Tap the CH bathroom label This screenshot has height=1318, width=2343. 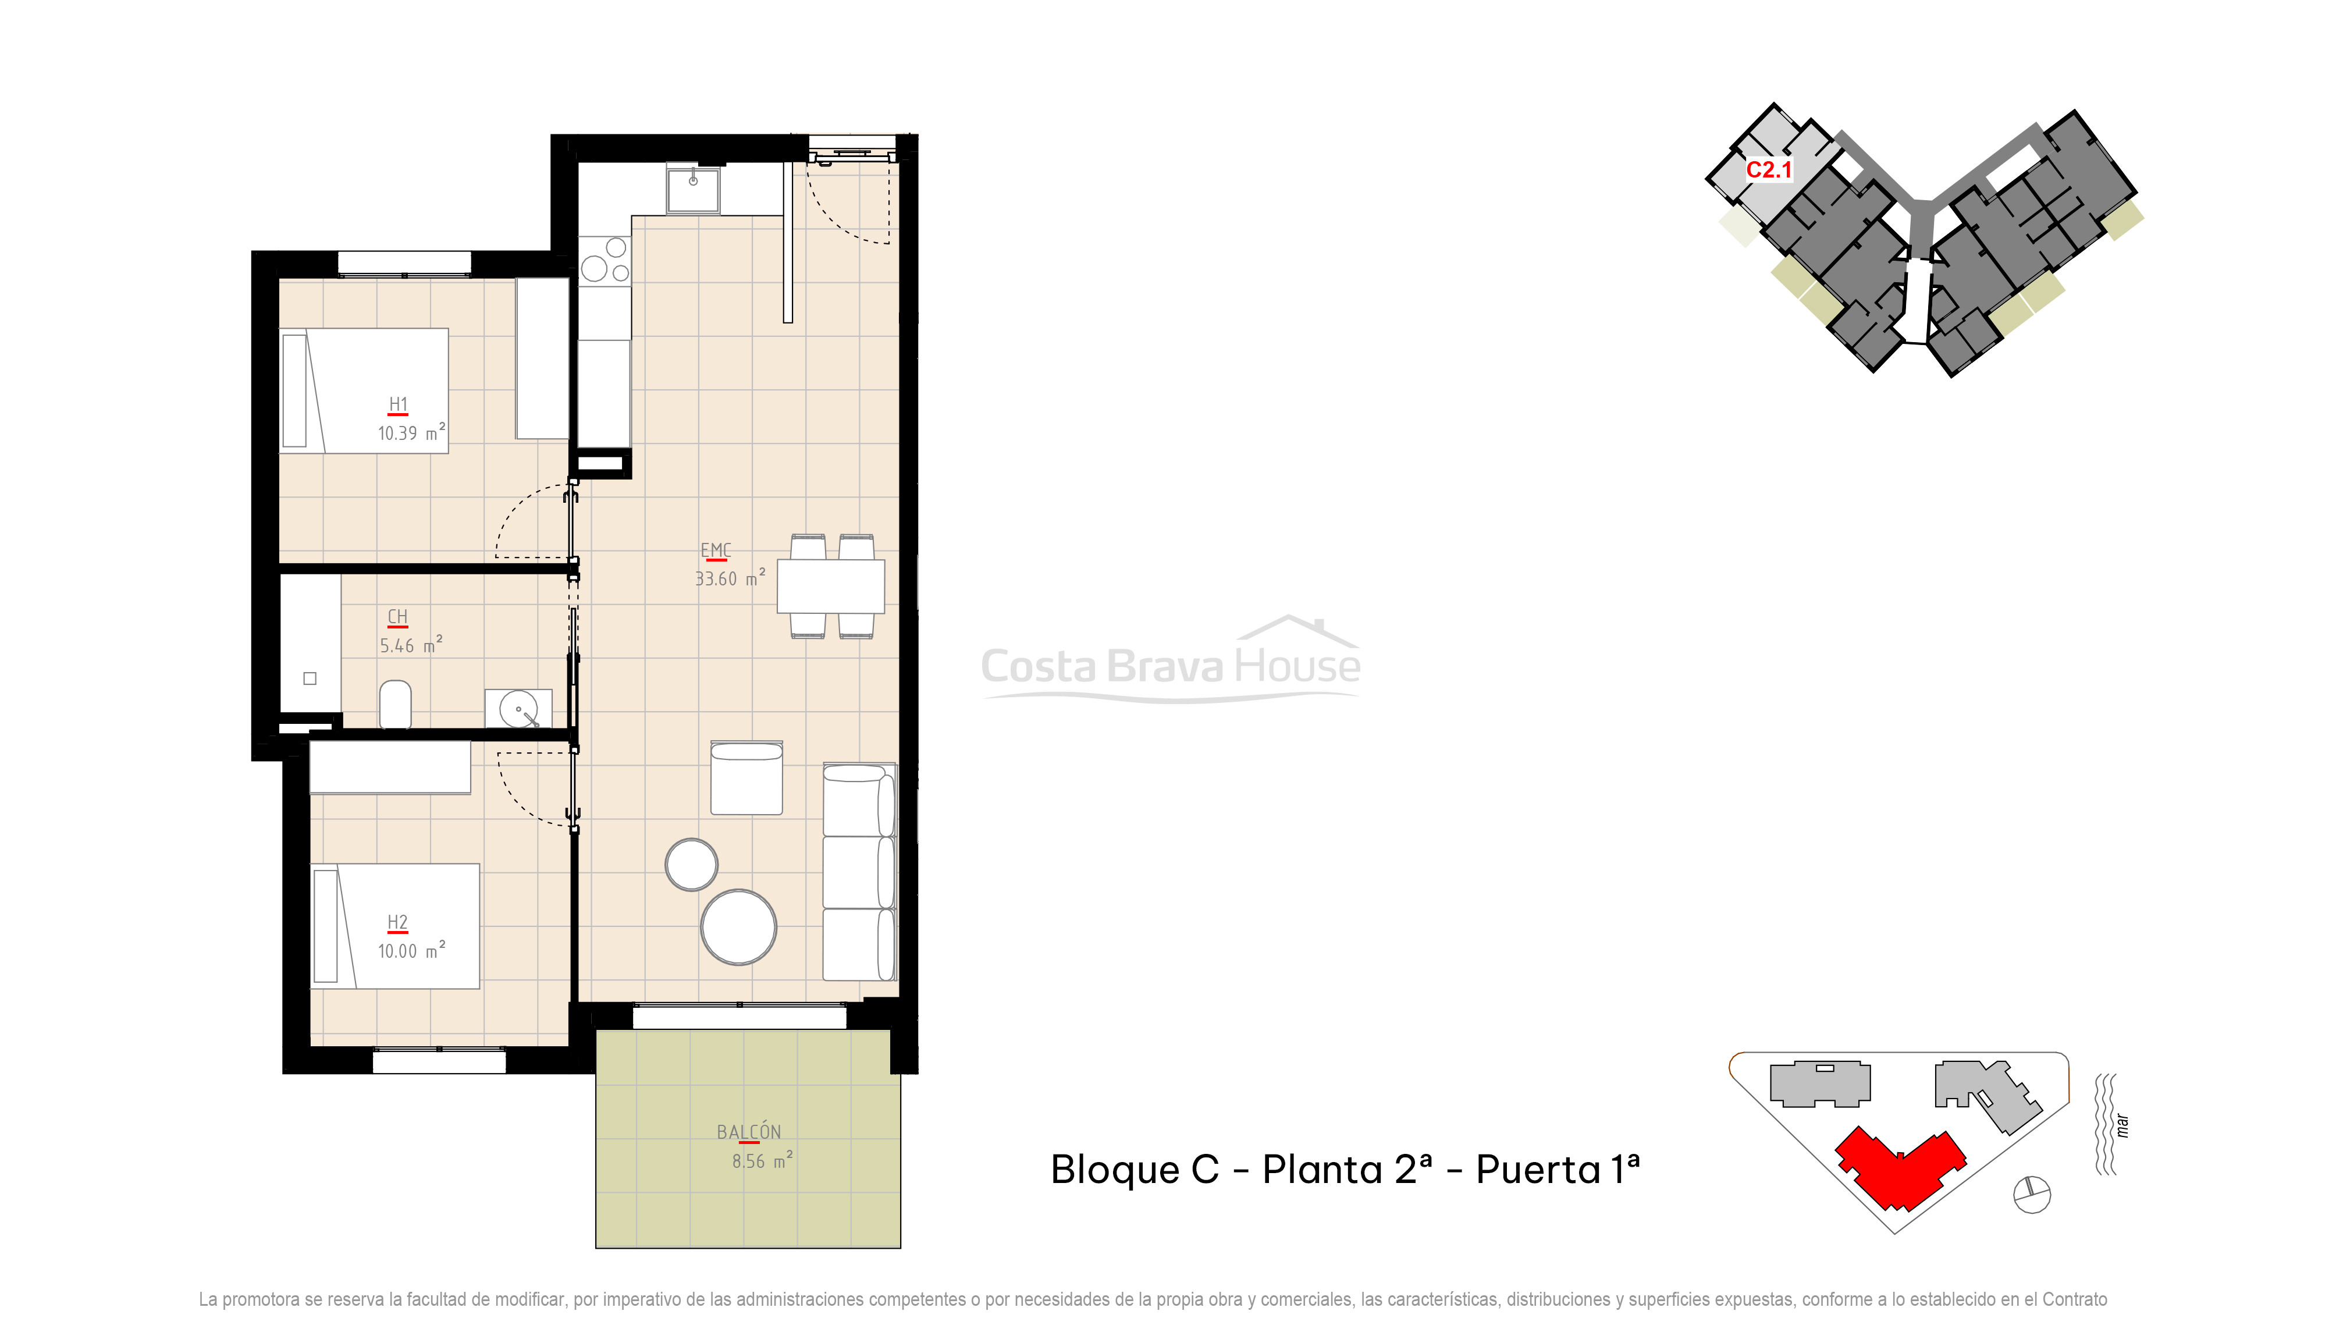(x=397, y=617)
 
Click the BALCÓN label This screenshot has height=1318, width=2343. (x=749, y=1132)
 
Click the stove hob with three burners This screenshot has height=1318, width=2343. (x=605, y=261)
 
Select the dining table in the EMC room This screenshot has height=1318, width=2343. (x=830, y=586)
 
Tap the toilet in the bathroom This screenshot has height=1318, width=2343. (x=394, y=704)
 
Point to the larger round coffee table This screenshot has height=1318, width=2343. (x=738, y=927)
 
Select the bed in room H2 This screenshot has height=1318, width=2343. (x=396, y=926)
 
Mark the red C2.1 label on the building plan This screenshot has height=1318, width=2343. (x=1768, y=170)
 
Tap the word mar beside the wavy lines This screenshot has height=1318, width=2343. (x=2122, y=1126)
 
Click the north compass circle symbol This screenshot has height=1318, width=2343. (x=2032, y=1194)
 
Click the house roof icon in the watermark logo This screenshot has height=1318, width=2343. (x=1298, y=628)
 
